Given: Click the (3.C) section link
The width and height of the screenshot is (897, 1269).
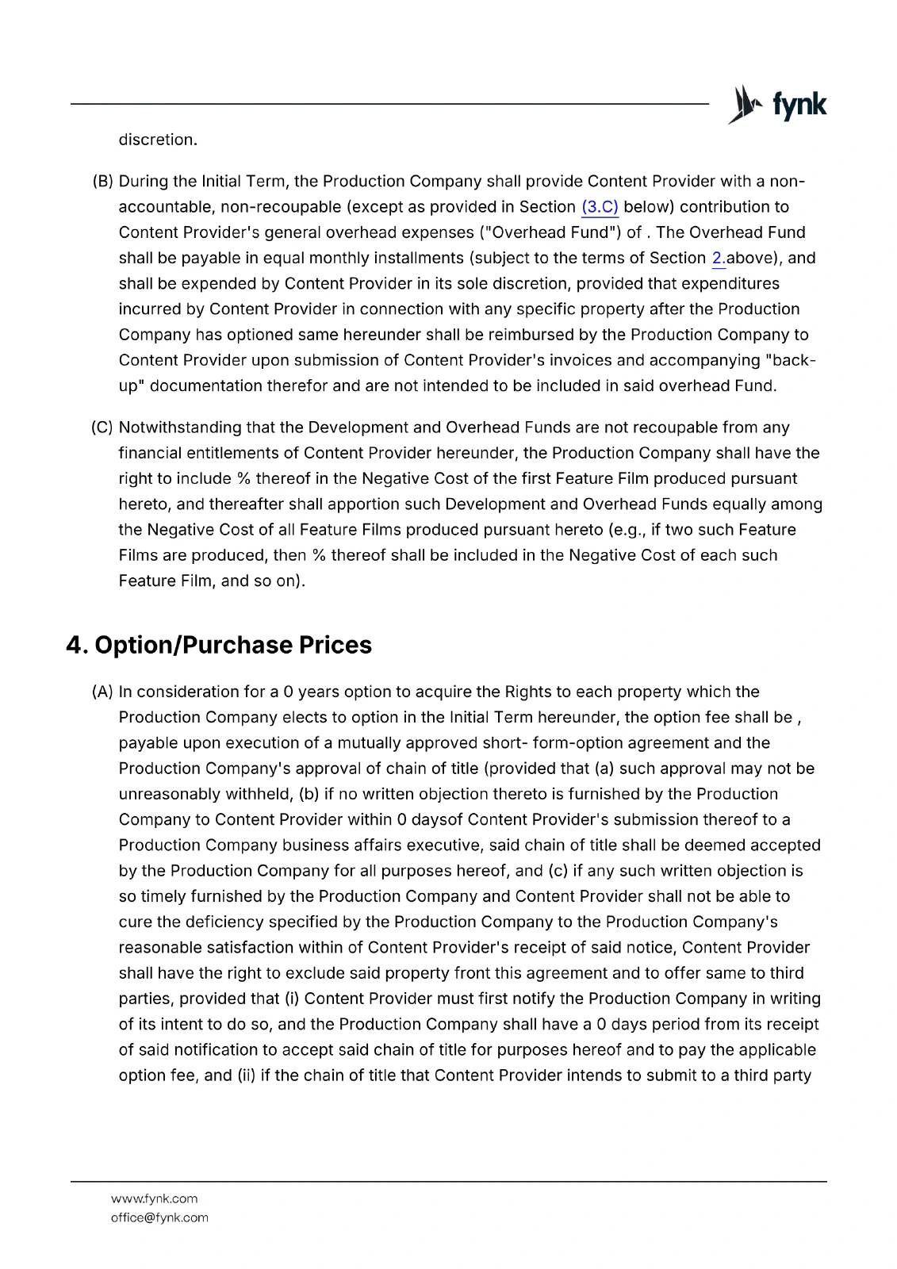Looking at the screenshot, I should point(600,207).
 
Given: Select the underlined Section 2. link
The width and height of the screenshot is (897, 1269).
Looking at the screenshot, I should point(719,258).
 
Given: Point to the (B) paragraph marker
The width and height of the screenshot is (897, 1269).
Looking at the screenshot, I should point(103,182).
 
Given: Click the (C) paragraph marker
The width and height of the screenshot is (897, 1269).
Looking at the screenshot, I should point(102,427).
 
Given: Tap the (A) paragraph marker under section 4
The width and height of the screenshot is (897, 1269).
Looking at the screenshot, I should point(103,692).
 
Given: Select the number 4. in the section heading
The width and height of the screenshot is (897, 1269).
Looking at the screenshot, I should point(77,645).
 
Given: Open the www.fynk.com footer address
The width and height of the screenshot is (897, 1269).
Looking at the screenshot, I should point(154,1198).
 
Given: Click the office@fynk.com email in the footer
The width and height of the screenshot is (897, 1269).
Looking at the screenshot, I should point(159,1217).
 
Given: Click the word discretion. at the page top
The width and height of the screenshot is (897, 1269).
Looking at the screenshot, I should point(158,140).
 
